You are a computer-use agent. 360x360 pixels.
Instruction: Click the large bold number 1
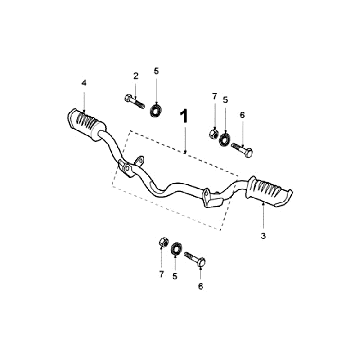tap(184, 116)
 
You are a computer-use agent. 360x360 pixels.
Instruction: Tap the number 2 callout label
tap(136, 76)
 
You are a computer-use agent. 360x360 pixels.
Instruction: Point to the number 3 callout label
tap(263, 236)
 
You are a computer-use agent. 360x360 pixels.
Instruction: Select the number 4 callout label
tap(84, 83)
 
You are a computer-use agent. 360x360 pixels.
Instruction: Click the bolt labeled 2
tap(135, 101)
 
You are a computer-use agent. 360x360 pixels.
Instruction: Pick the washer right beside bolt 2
tap(155, 111)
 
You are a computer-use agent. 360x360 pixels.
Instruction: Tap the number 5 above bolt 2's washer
tap(156, 71)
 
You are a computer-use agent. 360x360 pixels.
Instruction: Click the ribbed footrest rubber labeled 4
tap(86, 124)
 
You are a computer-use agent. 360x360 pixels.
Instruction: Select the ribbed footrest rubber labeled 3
tap(269, 191)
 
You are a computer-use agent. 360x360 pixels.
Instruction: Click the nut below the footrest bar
tap(163, 242)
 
